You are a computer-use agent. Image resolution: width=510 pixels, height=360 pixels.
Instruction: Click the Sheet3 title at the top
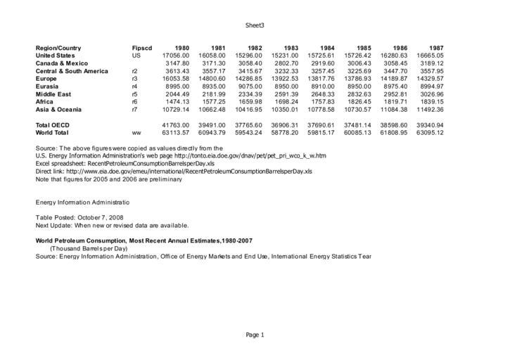point(255,25)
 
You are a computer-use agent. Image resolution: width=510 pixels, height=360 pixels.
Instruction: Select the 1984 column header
point(327,47)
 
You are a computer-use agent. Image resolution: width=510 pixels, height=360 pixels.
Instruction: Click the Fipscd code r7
point(134,109)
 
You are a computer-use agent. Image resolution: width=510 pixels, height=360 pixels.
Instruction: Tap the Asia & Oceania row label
point(60,109)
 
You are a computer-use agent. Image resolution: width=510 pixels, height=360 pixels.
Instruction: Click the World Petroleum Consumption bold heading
point(144,240)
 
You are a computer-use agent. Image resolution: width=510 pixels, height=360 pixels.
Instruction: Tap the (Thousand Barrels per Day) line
point(89,248)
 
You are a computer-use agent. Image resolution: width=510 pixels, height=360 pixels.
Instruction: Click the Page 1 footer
point(255,335)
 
